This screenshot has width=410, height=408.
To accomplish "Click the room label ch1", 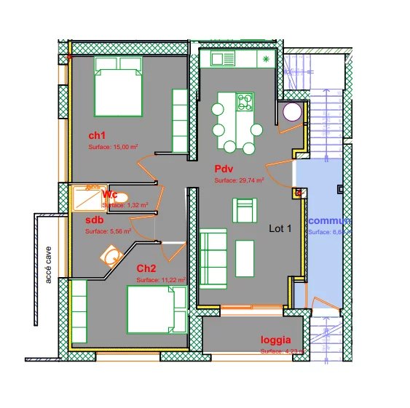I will (x=98, y=135).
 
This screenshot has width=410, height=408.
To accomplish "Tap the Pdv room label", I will (x=223, y=169).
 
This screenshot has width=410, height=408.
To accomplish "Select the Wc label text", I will (x=110, y=195).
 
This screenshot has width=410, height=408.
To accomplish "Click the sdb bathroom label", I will (x=94, y=220).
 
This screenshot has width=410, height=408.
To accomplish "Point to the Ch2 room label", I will (x=146, y=268).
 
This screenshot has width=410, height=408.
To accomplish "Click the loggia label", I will (x=276, y=340).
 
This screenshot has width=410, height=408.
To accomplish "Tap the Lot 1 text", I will (x=280, y=228).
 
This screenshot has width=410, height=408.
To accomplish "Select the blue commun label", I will (x=329, y=220).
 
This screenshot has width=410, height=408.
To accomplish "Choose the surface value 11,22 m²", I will (x=160, y=279).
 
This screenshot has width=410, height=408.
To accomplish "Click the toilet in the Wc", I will (x=121, y=197).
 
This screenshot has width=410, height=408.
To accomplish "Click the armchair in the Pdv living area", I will (x=244, y=210).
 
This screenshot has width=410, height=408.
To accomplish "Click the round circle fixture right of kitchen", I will (x=293, y=113).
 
